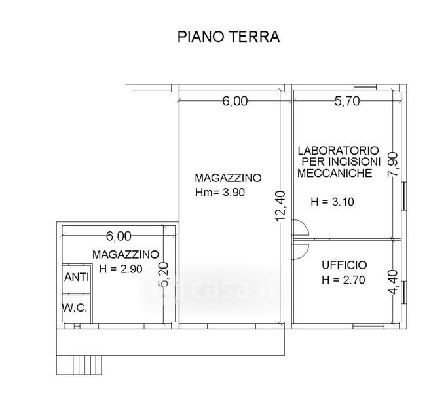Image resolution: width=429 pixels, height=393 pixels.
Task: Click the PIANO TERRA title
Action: [229, 37]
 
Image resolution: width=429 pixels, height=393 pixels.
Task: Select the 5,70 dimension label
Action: [347, 102]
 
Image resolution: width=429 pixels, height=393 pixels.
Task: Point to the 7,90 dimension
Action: [393, 164]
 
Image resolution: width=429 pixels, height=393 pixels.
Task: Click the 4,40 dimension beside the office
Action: [393, 282]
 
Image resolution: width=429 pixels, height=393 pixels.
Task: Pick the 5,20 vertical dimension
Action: [163, 274]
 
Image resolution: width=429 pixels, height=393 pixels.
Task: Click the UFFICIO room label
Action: [345, 265]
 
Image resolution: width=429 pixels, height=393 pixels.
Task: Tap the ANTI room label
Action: [77, 277]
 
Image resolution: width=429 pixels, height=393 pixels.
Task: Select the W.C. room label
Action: [75, 308]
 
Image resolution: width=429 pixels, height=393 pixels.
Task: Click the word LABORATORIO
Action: [338, 151]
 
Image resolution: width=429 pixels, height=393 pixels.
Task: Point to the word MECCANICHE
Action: [335, 173]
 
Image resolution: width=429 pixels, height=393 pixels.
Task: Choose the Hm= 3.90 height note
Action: [220, 193]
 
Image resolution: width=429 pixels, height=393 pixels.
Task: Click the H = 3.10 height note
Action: [333, 202]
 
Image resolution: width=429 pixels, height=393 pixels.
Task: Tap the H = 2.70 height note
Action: [343, 280]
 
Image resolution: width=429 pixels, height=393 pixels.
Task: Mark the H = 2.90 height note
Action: [121, 269]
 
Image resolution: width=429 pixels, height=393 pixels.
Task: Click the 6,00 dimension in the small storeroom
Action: [119, 236]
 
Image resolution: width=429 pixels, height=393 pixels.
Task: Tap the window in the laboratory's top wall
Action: [365, 87]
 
